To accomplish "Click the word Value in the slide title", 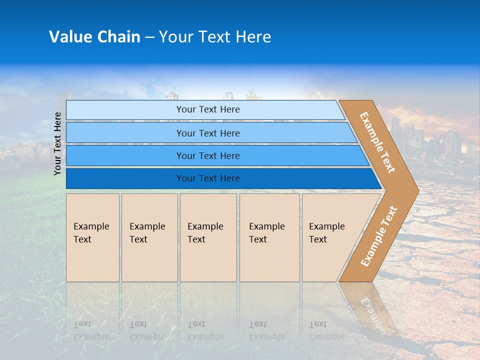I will pyautogui.click(x=69, y=37).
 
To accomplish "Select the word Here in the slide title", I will pyautogui.click(x=253, y=37).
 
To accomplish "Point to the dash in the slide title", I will pyautogui.click(x=149, y=37).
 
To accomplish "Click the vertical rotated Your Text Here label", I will pyautogui.click(x=57, y=143).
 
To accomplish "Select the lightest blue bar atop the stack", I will pyautogui.click(x=207, y=110).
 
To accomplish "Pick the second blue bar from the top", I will pyautogui.click(x=207, y=133).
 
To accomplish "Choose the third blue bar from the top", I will pyautogui.click(x=207, y=155).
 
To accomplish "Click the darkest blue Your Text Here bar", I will pyautogui.click(x=207, y=178).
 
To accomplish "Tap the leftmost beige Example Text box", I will pyautogui.click(x=92, y=237).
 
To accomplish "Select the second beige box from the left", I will pyautogui.click(x=149, y=237).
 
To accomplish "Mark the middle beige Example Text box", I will pyautogui.click(x=208, y=237).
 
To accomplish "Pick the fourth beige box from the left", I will pyautogui.click(x=269, y=237).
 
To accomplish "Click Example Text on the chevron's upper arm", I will pyautogui.click(x=377, y=142).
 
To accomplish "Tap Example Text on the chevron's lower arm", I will pyautogui.click(x=379, y=236).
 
